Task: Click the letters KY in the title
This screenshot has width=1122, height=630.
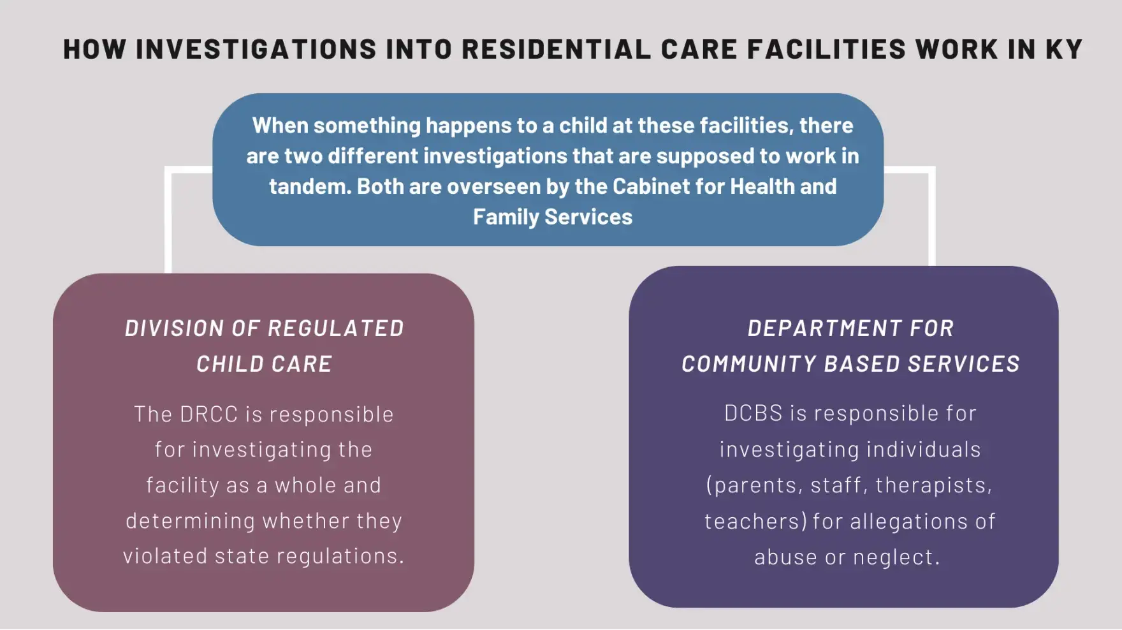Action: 1064,49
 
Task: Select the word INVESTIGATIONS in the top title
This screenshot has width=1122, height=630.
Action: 256,49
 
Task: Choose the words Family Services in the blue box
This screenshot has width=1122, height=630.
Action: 553,217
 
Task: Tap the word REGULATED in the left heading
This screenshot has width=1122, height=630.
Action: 335,328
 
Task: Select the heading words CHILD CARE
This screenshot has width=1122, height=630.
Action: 264,364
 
